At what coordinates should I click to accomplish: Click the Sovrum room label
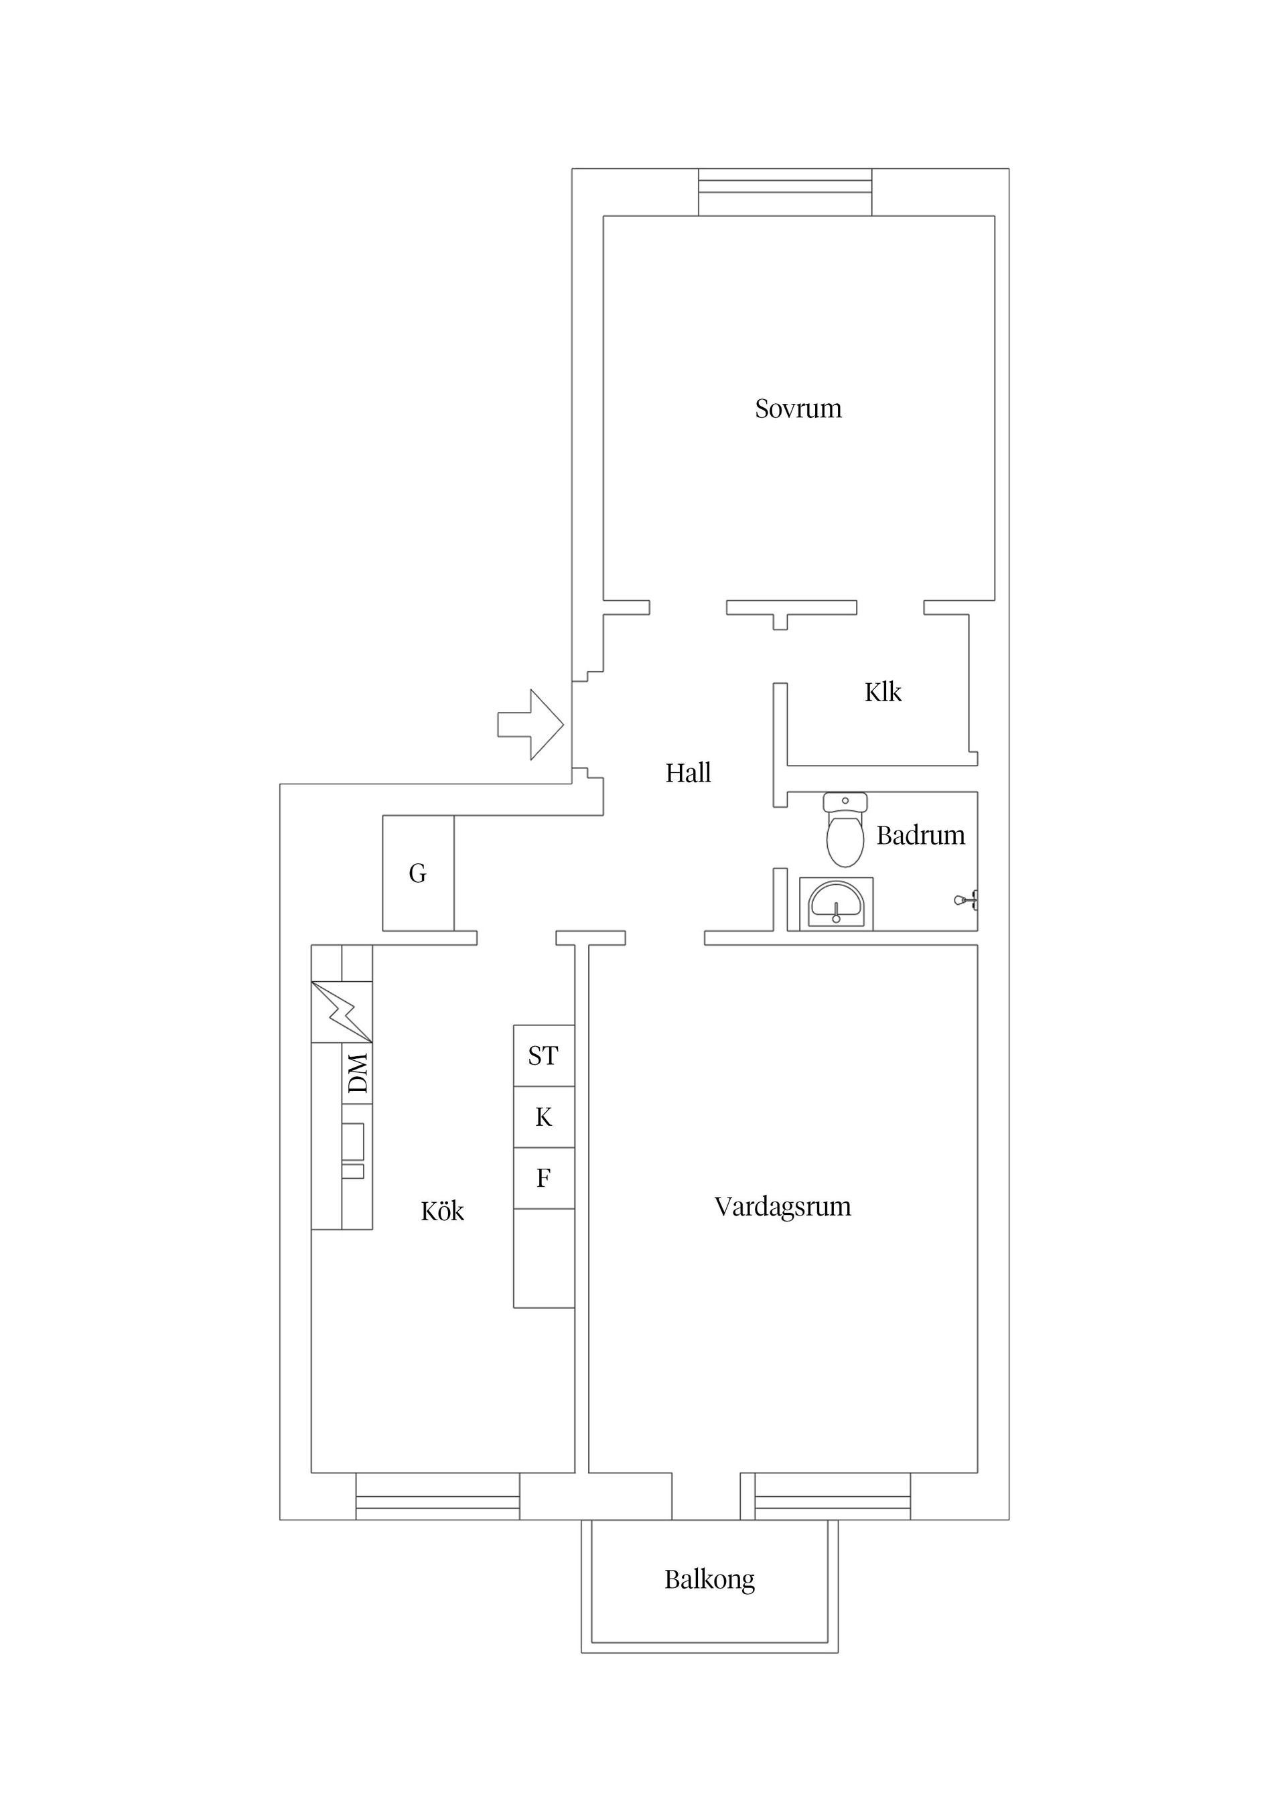tap(797, 409)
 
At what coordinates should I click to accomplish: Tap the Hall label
tap(688, 774)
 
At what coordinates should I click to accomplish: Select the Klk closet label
tap(883, 693)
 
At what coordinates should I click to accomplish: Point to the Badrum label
tap(920, 836)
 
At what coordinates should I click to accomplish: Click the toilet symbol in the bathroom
tap(845, 832)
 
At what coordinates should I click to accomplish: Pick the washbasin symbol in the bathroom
tap(835, 904)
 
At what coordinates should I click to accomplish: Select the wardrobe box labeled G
tap(417, 873)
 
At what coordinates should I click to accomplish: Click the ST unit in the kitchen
tap(544, 1056)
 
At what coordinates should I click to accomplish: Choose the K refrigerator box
tap(544, 1117)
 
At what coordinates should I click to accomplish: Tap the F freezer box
tap(544, 1179)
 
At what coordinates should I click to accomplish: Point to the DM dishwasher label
tap(358, 1074)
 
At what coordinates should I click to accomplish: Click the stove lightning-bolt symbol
tap(342, 1012)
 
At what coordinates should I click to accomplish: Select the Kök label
tap(442, 1212)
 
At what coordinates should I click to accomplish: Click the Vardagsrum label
tap(782, 1207)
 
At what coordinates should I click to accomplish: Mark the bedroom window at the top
tap(784, 192)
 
